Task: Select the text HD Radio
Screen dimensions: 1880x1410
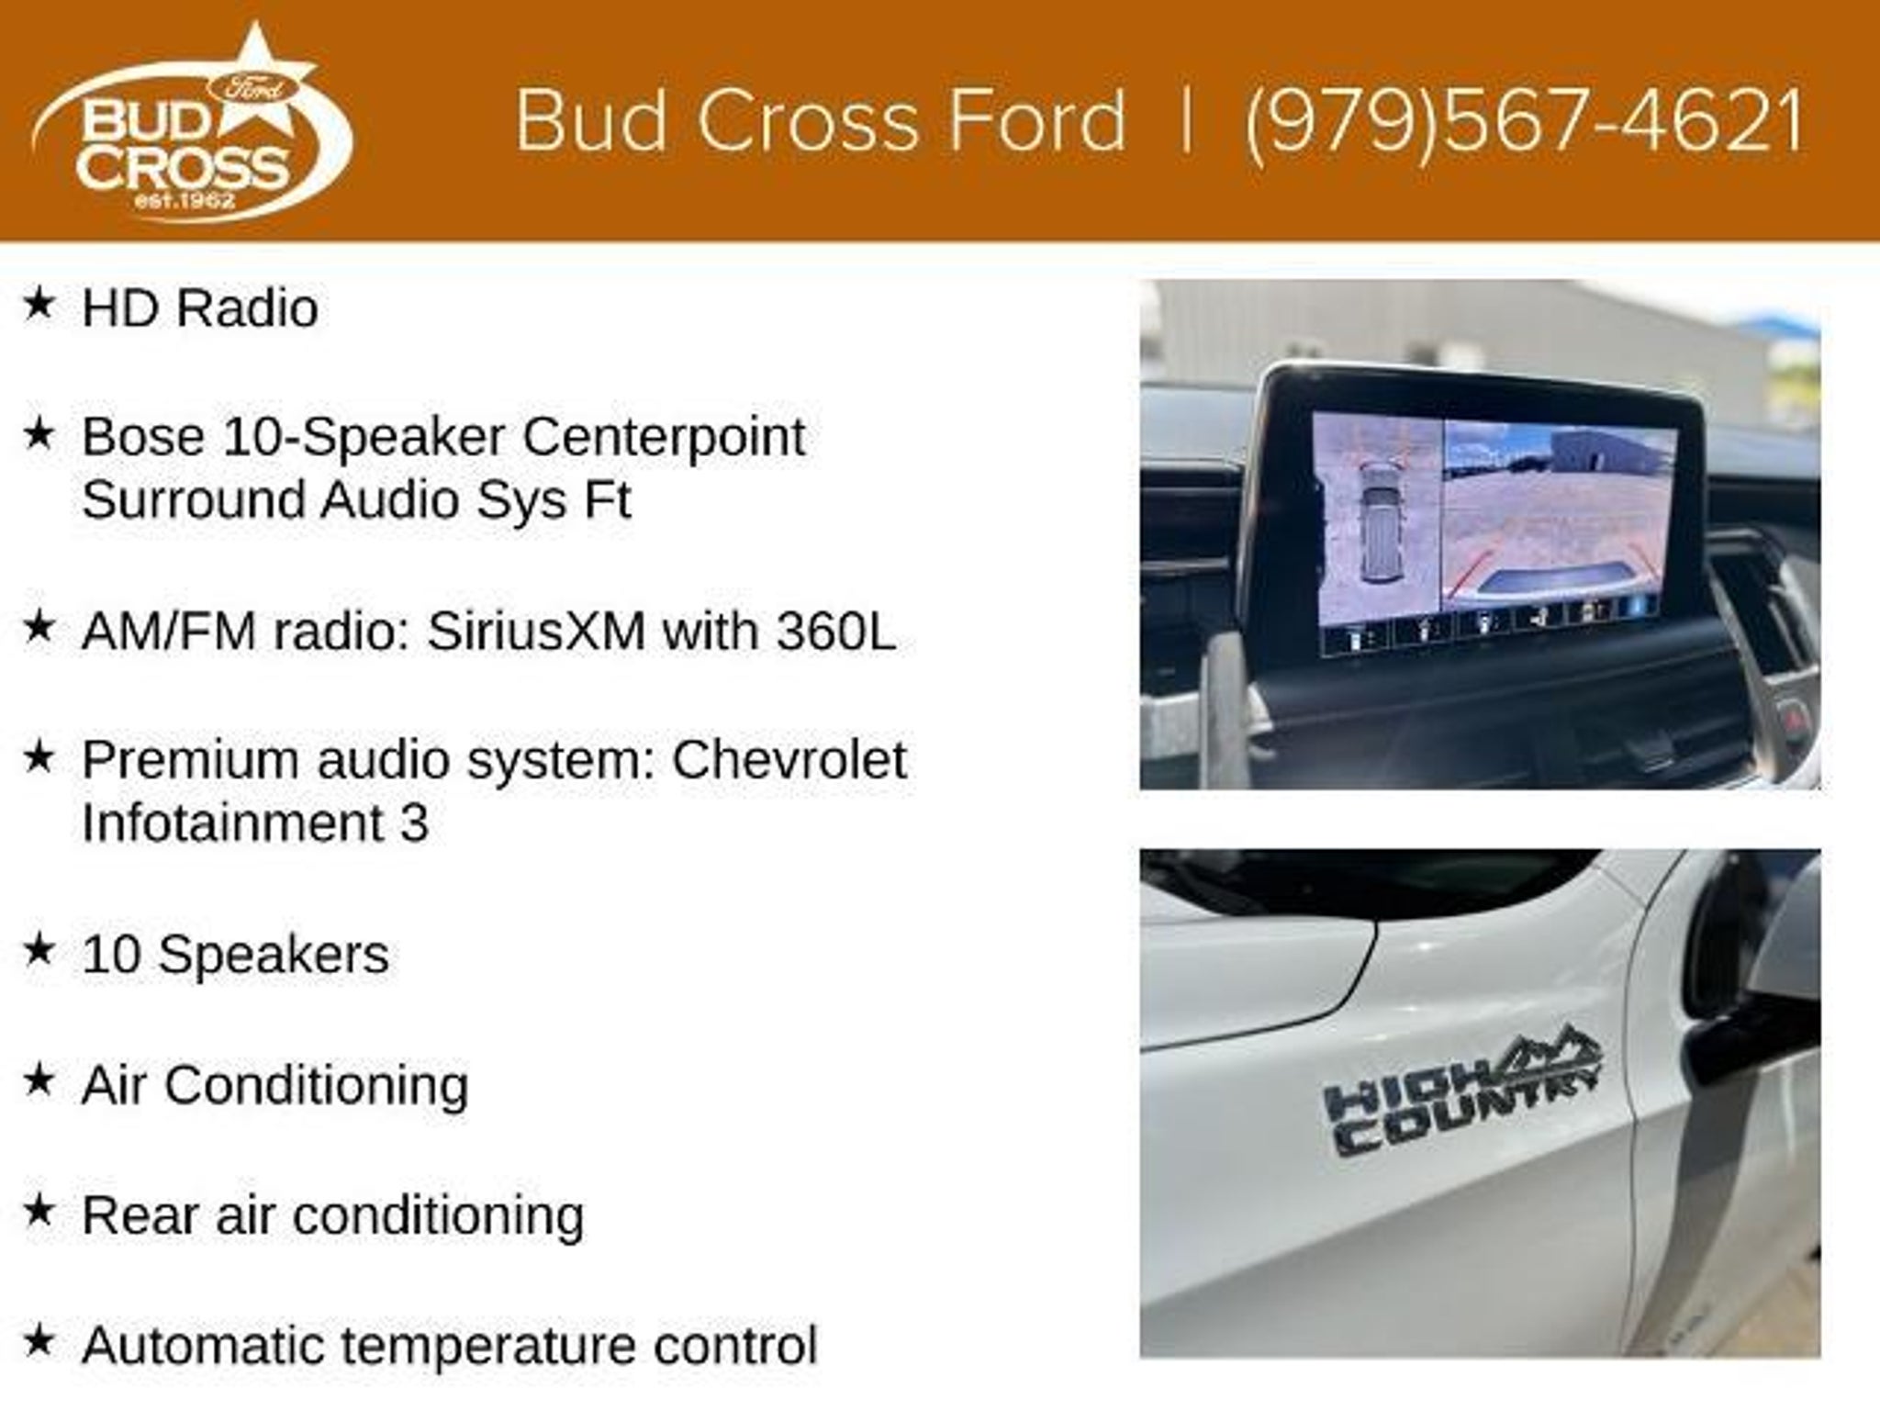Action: click(200, 308)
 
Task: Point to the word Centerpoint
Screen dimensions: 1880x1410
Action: click(664, 438)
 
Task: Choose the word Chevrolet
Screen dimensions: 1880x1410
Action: click(789, 760)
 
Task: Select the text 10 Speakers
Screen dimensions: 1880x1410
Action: click(235, 956)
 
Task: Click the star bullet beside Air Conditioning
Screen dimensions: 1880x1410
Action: click(39, 1080)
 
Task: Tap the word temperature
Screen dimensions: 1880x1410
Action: click(489, 1348)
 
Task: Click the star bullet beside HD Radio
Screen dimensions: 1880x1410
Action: click(39, 302)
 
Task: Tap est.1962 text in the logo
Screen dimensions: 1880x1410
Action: click(185, 200)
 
